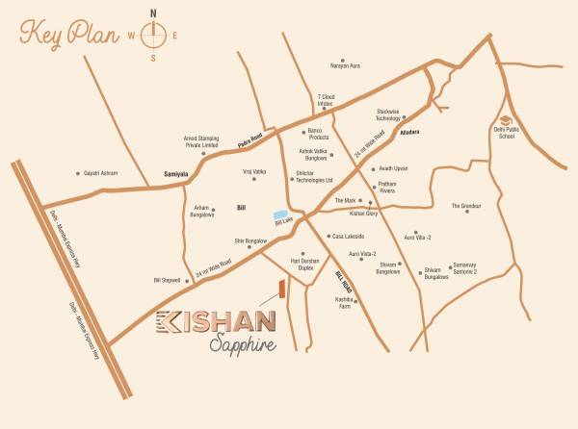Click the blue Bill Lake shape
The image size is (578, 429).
click(280, 214)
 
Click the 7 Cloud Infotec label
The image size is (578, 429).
click(330, 101)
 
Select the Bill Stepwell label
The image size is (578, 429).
click(168, 280)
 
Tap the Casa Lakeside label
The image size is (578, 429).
click(348, 236)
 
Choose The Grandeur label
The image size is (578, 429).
click(466, 205)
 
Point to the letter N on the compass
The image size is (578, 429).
click(153, 13)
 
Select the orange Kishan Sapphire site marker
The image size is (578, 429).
click(281, 289)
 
